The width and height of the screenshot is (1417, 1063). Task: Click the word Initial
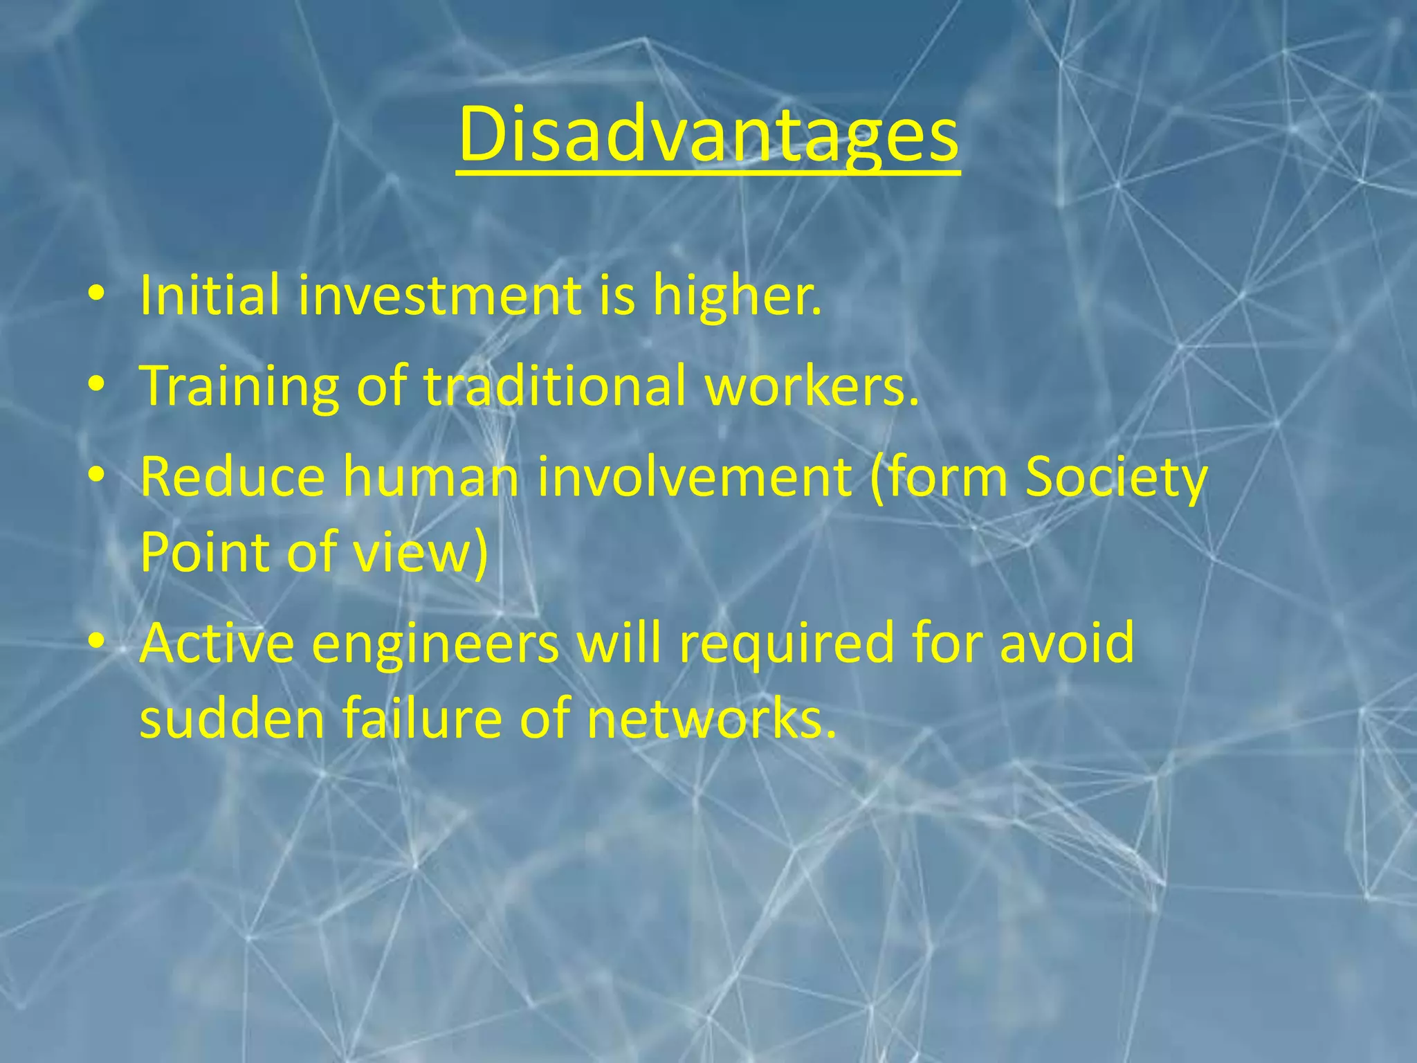210,296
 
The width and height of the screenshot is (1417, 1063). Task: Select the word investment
440,296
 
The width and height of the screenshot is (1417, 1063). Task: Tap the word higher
737,296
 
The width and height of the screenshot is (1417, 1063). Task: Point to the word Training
239,385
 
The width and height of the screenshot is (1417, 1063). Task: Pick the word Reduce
232,477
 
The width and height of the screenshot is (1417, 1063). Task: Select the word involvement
694,477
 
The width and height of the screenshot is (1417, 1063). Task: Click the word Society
1116,478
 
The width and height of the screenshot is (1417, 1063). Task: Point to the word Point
205,552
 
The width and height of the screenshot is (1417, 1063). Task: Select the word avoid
1066,643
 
